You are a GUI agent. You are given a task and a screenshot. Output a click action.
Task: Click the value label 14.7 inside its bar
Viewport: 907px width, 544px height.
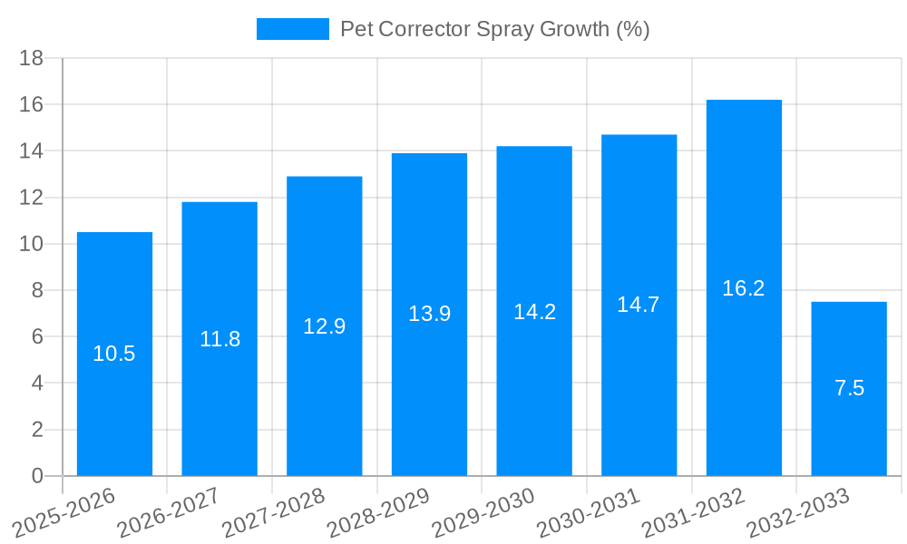coord(639,305)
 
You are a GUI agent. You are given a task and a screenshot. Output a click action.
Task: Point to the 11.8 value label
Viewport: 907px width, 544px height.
coord(219,339)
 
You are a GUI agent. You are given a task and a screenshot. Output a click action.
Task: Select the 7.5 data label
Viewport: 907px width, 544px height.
coord(849,388)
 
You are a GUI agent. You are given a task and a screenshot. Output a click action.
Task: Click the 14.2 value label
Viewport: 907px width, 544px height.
coord(534,312)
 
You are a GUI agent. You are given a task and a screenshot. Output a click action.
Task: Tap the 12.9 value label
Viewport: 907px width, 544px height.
coord(324,326)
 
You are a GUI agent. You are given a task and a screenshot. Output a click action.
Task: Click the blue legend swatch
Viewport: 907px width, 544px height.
coord(292,29)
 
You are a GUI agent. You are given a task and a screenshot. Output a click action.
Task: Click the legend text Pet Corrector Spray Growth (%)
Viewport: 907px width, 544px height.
coord(495,29)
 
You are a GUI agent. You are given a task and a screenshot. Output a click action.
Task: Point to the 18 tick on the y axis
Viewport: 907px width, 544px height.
coord(32,58)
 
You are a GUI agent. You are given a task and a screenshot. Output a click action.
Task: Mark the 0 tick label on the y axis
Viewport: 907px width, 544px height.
coord(37,476)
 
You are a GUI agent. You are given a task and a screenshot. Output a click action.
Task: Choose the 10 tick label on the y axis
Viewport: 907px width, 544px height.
coord(32,244)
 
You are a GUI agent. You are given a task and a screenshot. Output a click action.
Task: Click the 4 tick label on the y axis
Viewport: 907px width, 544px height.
coord(37,384)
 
